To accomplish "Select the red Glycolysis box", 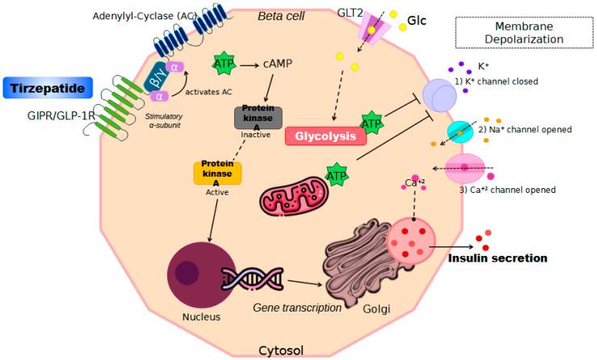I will coord(324,136).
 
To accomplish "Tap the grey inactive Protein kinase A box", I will coord(259,117).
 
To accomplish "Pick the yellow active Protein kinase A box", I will coord(217,171).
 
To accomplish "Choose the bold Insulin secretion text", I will coord(497,258).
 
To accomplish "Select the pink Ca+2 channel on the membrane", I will coord(464,169).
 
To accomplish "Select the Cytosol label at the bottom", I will coord(281,350).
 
